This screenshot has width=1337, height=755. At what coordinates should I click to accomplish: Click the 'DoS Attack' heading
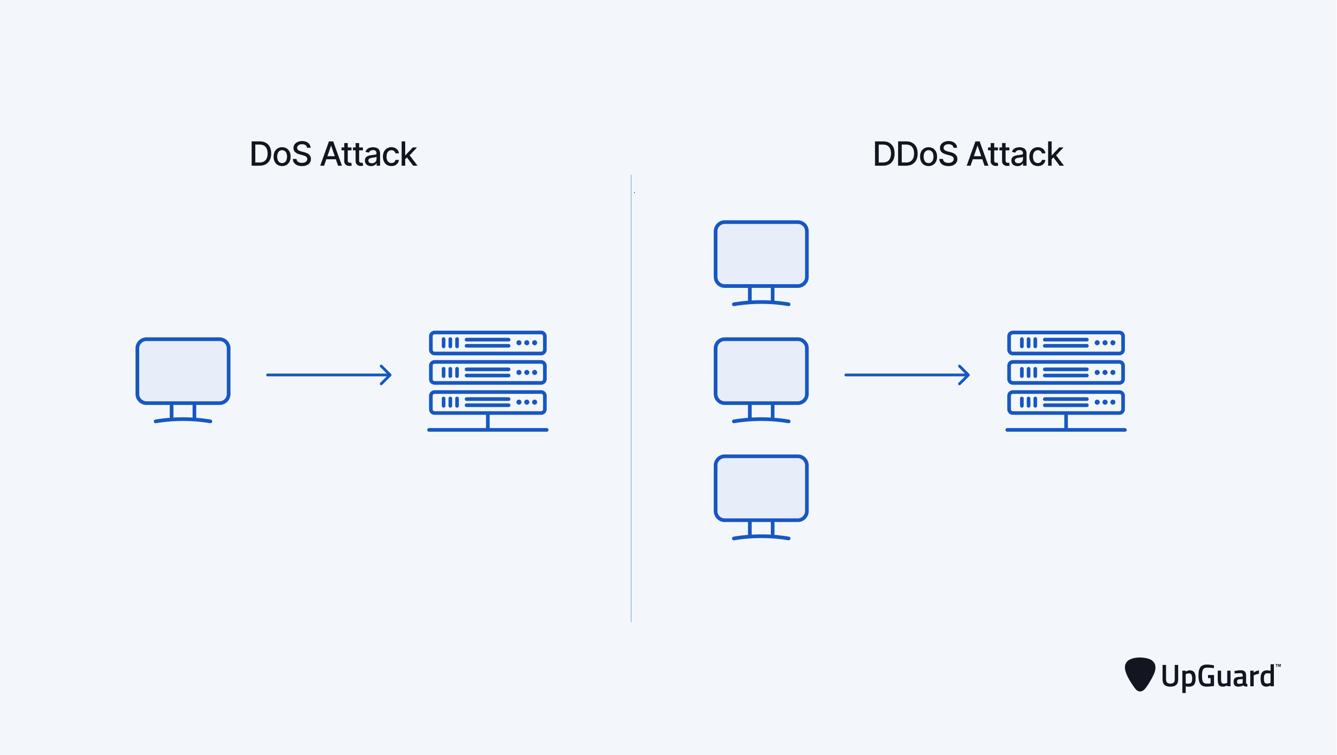tap(333, 154)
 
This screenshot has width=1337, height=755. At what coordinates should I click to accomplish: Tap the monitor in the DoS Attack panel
tap(183, 371)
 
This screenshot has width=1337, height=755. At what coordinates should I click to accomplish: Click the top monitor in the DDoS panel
tap(761, 254)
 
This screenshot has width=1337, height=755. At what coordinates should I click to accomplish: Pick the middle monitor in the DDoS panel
tap(761, 371)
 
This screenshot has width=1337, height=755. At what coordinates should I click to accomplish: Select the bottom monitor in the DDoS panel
tap(761, 488)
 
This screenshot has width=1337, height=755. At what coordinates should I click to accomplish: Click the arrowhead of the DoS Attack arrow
tap(387, 374)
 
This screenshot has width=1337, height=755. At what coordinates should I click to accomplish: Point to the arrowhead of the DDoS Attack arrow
tap(965, 374)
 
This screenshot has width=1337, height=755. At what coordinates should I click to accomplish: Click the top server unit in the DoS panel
tap(487, 343)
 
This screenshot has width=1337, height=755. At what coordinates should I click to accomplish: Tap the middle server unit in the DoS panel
tap(487, 372)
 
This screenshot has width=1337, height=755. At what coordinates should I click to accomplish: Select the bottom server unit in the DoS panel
tap(487, 402)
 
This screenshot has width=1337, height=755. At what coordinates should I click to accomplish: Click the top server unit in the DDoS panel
tap(1066, 343)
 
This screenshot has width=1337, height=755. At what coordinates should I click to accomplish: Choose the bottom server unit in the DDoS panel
tap(1066, 402)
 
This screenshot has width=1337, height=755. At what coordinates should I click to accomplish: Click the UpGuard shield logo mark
tap(1139, 673)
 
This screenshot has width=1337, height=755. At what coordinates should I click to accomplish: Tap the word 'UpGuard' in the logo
tap(1218, 677)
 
